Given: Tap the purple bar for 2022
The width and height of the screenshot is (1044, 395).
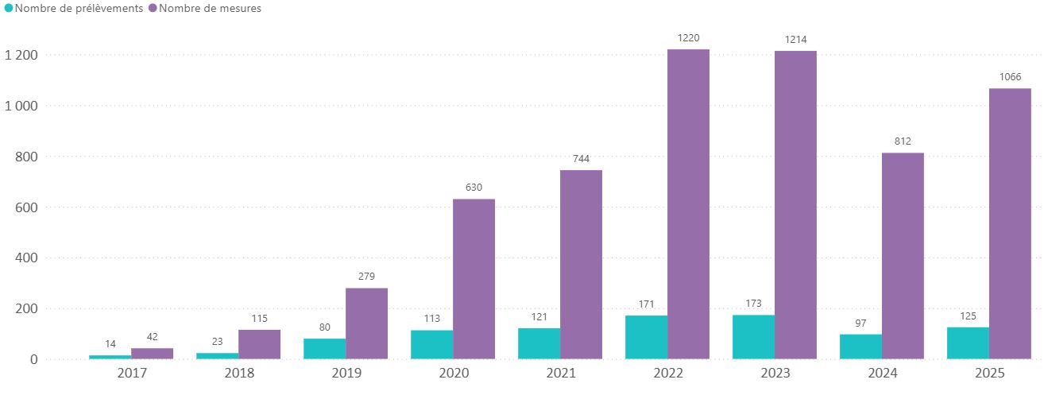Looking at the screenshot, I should coord(688,204).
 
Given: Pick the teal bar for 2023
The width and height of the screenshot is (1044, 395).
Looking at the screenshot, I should coord(753,337).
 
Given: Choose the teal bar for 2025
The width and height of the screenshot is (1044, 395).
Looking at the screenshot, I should coord(968,343).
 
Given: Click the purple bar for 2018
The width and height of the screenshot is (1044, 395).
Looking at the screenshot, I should coord(259,344).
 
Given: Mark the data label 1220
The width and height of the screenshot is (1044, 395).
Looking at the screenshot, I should coord(688,37).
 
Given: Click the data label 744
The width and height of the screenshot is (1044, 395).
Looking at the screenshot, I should coord(581,158).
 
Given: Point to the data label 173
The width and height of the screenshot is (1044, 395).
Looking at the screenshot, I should coord(753,303).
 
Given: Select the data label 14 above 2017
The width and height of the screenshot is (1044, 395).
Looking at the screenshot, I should coord(110,343).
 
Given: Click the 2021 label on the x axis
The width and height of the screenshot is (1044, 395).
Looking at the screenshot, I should coord(560,374).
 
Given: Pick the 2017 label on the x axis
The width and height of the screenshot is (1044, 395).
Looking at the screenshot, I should coord(131,374).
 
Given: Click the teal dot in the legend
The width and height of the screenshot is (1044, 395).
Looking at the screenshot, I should coord(8,9).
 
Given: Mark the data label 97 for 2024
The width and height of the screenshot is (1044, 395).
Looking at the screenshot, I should coord(860,322).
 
